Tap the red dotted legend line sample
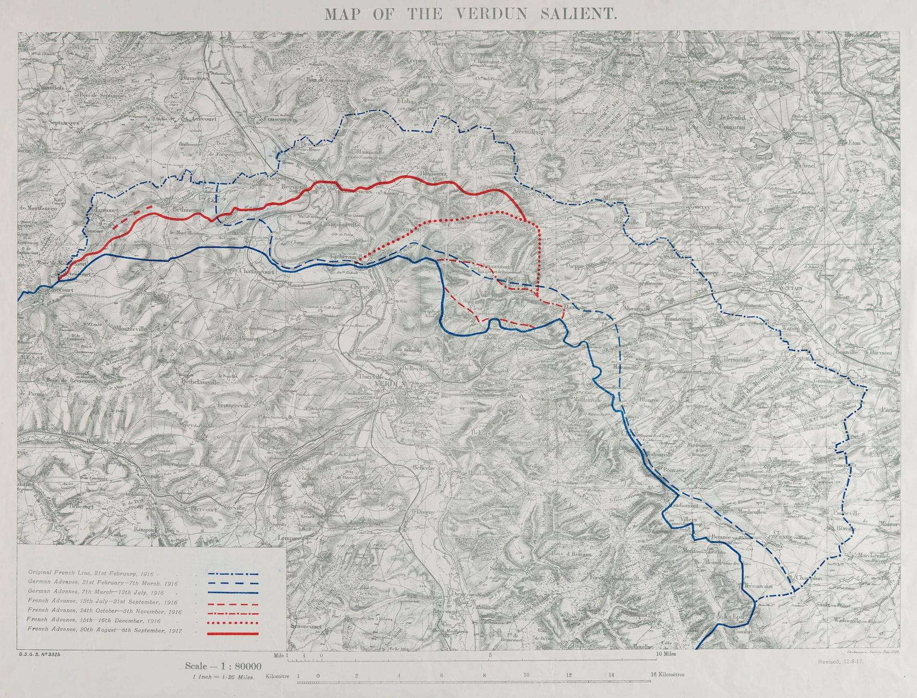(x=232, y=622)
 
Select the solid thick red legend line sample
(x=232, y=634)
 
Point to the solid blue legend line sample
(x=232, y=593)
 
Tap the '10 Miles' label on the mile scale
(x=666, y=654)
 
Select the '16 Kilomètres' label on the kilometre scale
(x=667, y=675)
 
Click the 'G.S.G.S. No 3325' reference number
(x=40, y=653)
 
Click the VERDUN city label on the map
(x=390, y=385)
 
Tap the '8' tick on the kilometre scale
(x=484, y=675)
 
